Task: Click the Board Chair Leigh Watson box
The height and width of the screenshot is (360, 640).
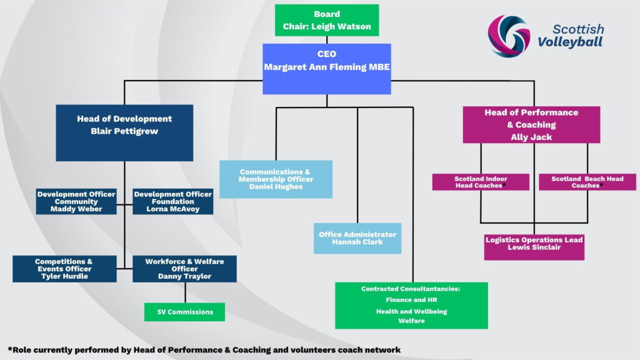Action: coord(327,20)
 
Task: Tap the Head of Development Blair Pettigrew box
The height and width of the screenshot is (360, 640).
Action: coord(124,132)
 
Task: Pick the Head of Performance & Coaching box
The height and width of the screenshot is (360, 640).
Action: coord(531,125)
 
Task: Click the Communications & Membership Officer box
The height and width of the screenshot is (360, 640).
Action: coord(276,179)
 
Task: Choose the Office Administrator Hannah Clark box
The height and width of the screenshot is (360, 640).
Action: coord(357,238)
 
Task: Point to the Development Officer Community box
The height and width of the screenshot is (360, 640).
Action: coord(76,202)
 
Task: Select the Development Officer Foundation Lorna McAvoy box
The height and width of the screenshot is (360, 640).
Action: coord(173,202)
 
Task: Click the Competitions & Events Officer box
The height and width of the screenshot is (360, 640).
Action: coord(64,269)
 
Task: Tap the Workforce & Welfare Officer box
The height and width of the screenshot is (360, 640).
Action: coord(184,269)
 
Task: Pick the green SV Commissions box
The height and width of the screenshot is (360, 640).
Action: coord(184,312)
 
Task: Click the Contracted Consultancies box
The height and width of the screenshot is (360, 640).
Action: coord(411,306)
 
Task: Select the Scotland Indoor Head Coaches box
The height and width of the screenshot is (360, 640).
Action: coord(481,182)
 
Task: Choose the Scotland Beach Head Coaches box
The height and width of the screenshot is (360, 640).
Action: coord(587,182)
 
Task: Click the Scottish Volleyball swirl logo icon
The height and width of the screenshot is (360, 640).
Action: coord(509,36)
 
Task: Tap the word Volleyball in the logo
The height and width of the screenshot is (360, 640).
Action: coord(570,42)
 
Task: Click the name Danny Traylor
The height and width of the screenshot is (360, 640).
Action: coord(184,276)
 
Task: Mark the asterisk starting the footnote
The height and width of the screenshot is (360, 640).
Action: coord(10,349)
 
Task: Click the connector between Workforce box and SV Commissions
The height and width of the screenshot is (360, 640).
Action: coord(184,292)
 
